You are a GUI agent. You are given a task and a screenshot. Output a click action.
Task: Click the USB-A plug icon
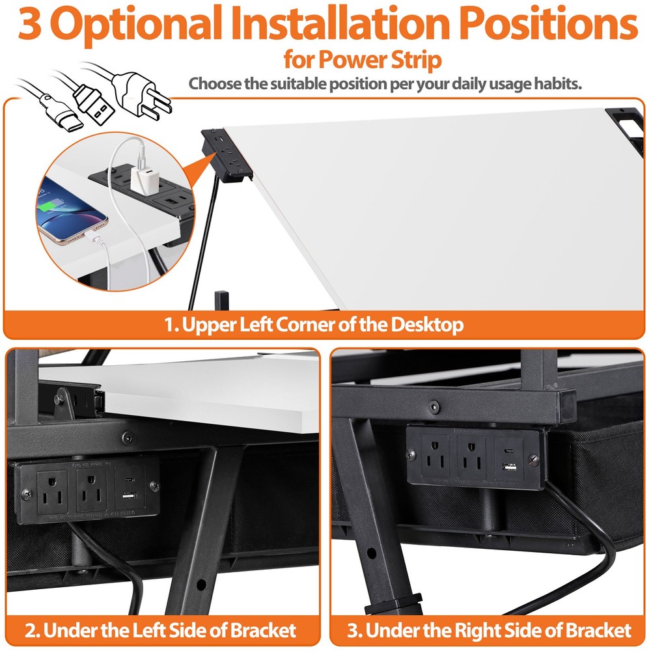pyautogui.click(x=94, y=104)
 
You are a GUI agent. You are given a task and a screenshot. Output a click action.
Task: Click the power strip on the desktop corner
pyautogui.click(x=225, y=153)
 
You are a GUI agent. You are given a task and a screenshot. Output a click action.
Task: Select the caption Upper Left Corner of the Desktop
pyautogui.click(x=314, y=325)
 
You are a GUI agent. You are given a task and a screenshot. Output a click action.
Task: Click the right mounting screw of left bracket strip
pyautogui.click(x=154, y=485)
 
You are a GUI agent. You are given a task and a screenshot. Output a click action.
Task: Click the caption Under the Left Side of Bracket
pyautogui.click(x=161, y=630)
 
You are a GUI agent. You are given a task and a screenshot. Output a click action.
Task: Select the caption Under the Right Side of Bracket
pyautogui.click(x=489, y=630)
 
